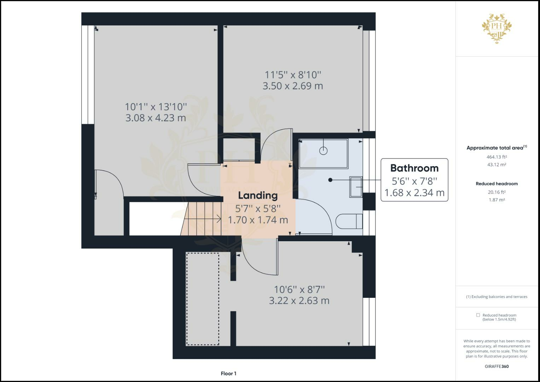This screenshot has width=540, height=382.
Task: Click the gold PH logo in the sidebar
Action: (497, 29)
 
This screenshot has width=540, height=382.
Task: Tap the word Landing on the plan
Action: (258, 196)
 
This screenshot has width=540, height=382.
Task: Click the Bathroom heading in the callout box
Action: (414, 168)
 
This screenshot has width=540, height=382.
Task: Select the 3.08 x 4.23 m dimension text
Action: (156, 118)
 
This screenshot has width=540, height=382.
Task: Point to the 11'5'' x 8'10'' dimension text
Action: (293, 75)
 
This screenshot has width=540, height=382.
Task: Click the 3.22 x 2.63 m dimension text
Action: (299, 301)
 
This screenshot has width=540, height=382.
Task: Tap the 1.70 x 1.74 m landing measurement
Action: (258, 220)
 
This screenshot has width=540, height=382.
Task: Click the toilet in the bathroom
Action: (349, 221)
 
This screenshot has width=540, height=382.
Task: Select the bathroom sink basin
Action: (356, 187)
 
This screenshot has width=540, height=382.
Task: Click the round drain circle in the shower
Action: (323, 151)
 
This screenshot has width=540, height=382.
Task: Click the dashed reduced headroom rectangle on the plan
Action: (203, 299)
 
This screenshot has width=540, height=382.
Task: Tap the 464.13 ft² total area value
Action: (497, 157)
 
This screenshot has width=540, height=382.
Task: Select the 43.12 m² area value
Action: (497, 165)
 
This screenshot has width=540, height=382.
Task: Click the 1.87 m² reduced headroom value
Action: (497, 200)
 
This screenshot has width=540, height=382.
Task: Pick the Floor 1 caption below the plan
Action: (228, 374)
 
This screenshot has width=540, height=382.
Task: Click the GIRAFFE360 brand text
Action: (497, 366)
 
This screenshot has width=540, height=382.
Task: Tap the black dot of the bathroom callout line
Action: (330, 180)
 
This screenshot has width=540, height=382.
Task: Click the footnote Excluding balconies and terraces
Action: (497, 297)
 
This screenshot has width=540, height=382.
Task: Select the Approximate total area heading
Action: (497, 148)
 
